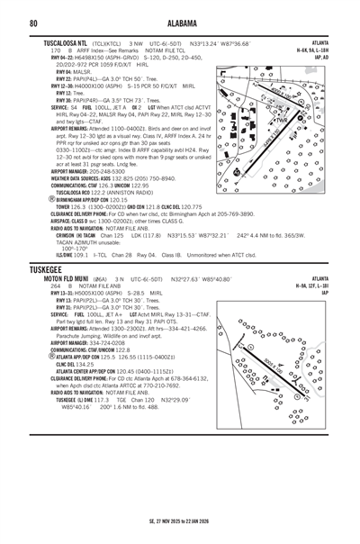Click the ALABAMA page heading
pos(179,22)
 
